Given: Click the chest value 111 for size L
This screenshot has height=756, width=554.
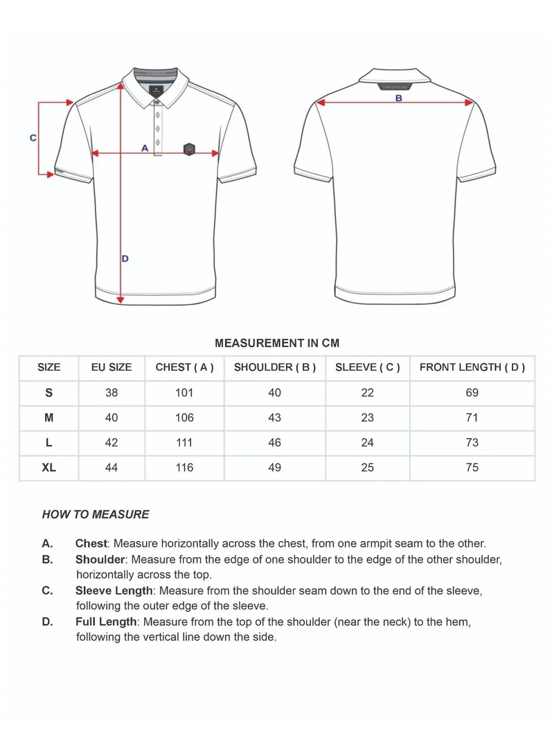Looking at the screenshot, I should [x=184, y=443].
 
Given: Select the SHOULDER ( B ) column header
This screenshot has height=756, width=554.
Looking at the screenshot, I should [x=274, y=367].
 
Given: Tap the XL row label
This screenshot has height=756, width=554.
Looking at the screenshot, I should [x=48, y=468].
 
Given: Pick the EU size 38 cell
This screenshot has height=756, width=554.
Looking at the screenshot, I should [x=111, y=393].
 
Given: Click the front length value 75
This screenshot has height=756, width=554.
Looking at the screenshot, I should [x=472, y=468].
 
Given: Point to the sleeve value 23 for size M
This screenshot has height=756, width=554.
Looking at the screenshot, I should [x=367, y=418].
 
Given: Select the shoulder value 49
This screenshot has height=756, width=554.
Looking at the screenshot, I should [x=274, y=468].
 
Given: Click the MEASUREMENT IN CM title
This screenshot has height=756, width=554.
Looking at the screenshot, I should [x=277, y=343].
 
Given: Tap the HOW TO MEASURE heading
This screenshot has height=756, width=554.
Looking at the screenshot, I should [x=96, y=514].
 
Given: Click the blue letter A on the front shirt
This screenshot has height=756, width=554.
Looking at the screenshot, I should [x=145, y=148].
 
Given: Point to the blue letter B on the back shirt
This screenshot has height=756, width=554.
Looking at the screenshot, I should [x=399, y=98].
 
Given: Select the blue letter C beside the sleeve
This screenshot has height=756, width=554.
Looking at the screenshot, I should [x=33, y=138].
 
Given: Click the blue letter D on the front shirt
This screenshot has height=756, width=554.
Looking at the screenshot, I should [x=125, y=258].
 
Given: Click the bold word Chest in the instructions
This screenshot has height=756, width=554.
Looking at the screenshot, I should [x=91, y=543].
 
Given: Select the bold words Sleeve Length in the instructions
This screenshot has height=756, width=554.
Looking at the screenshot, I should [x=114, y=590].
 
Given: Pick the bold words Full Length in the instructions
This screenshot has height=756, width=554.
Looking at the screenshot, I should [x=107, y=622].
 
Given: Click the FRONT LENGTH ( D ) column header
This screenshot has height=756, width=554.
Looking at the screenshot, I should [x=472, y=367].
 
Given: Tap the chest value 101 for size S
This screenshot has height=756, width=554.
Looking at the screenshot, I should [x=184, y=393].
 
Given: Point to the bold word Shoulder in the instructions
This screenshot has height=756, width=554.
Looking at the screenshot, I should [x=100, y=559].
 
